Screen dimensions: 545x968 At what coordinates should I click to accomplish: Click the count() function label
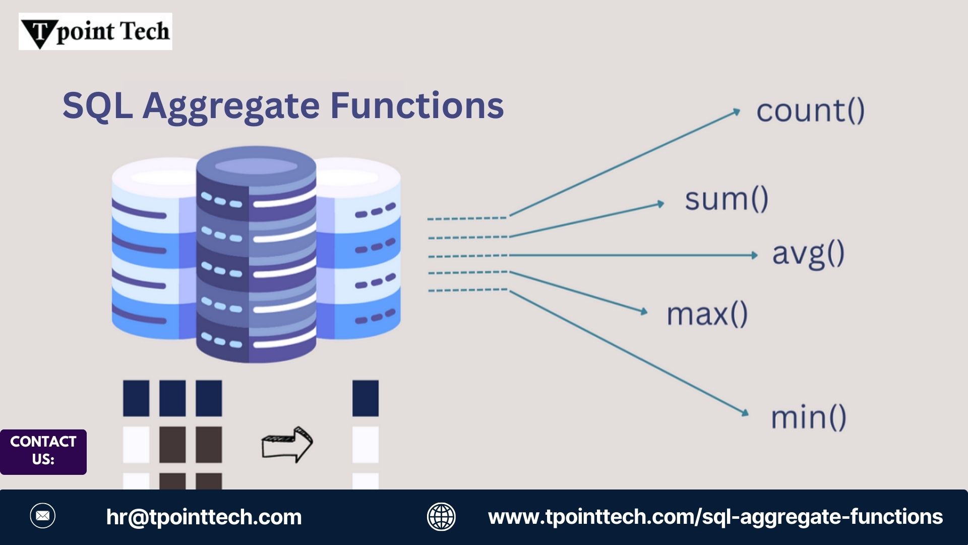coord(810,111)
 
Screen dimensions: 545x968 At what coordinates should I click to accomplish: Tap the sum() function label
coord(727,199)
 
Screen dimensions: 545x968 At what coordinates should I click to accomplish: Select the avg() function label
coord(808,254)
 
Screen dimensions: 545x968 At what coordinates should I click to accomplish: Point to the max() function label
coord(707,314)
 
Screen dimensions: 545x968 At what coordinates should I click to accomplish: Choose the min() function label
coord(808,418)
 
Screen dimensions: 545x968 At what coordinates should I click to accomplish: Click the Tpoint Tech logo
coord(95,31)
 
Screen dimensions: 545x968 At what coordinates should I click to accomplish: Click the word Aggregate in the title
coord(231,106)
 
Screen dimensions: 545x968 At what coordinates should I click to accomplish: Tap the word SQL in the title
coord(97,106)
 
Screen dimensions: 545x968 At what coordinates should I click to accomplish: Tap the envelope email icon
coord(43,516)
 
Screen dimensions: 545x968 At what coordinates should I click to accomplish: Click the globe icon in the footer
coord(441,517)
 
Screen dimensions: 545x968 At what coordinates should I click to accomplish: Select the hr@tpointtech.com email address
coord(204,517)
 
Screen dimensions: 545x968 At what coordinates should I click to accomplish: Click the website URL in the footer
coord(715,517)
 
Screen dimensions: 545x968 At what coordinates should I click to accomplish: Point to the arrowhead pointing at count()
coord(736,112)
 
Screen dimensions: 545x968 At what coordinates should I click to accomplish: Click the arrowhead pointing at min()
coord(745,413)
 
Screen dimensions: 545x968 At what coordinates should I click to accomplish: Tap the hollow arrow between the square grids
coord(287,444)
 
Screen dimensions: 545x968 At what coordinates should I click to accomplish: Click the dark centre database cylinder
coord(256,255)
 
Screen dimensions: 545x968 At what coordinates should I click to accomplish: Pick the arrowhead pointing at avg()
coord(754,255)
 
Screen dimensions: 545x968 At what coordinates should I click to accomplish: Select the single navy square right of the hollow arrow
coord(366,398)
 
